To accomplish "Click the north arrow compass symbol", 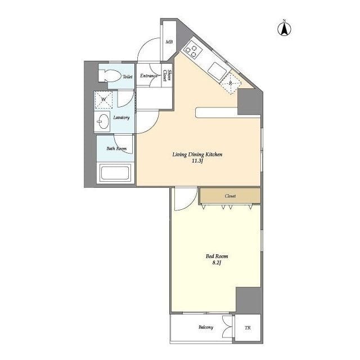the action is pyautogui.click(x=284, y=29).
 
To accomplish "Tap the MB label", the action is pyautogui.click(x=169, y=42).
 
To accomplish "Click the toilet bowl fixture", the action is pyautogui.click(x=110, y=75).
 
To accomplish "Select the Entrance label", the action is pyautogui.click(x=148, y=75).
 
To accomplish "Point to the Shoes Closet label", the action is pyautogui.click(x=167, y=75).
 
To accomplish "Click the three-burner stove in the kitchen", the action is pyautogui.click(x=191, y=51).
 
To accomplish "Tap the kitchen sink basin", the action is pyautogui.click(x=217, y=71).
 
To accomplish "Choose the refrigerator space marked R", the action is pyautogui.click(x=231, y=83).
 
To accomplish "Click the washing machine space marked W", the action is pyautogui.click(x=103, y=100).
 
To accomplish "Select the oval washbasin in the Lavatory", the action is pyautogui.click(x=102, y=121).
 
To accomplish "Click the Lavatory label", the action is pyautogui.click(x=121, y=118).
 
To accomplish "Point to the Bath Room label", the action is pyautogui.click(x=116, y=148).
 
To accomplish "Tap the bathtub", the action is pyautogui.click(x=115, y=173).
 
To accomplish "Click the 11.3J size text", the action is pyautogui.click(x=197, y=161).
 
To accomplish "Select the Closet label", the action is pyautogui.click(x=230, y=196).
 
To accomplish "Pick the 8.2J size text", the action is pyautogui.click(x=217, y=263).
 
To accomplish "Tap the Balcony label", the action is pyautogui.click(x=206, y=327).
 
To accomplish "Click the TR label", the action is pyautogui.click(x=247, y=328).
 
